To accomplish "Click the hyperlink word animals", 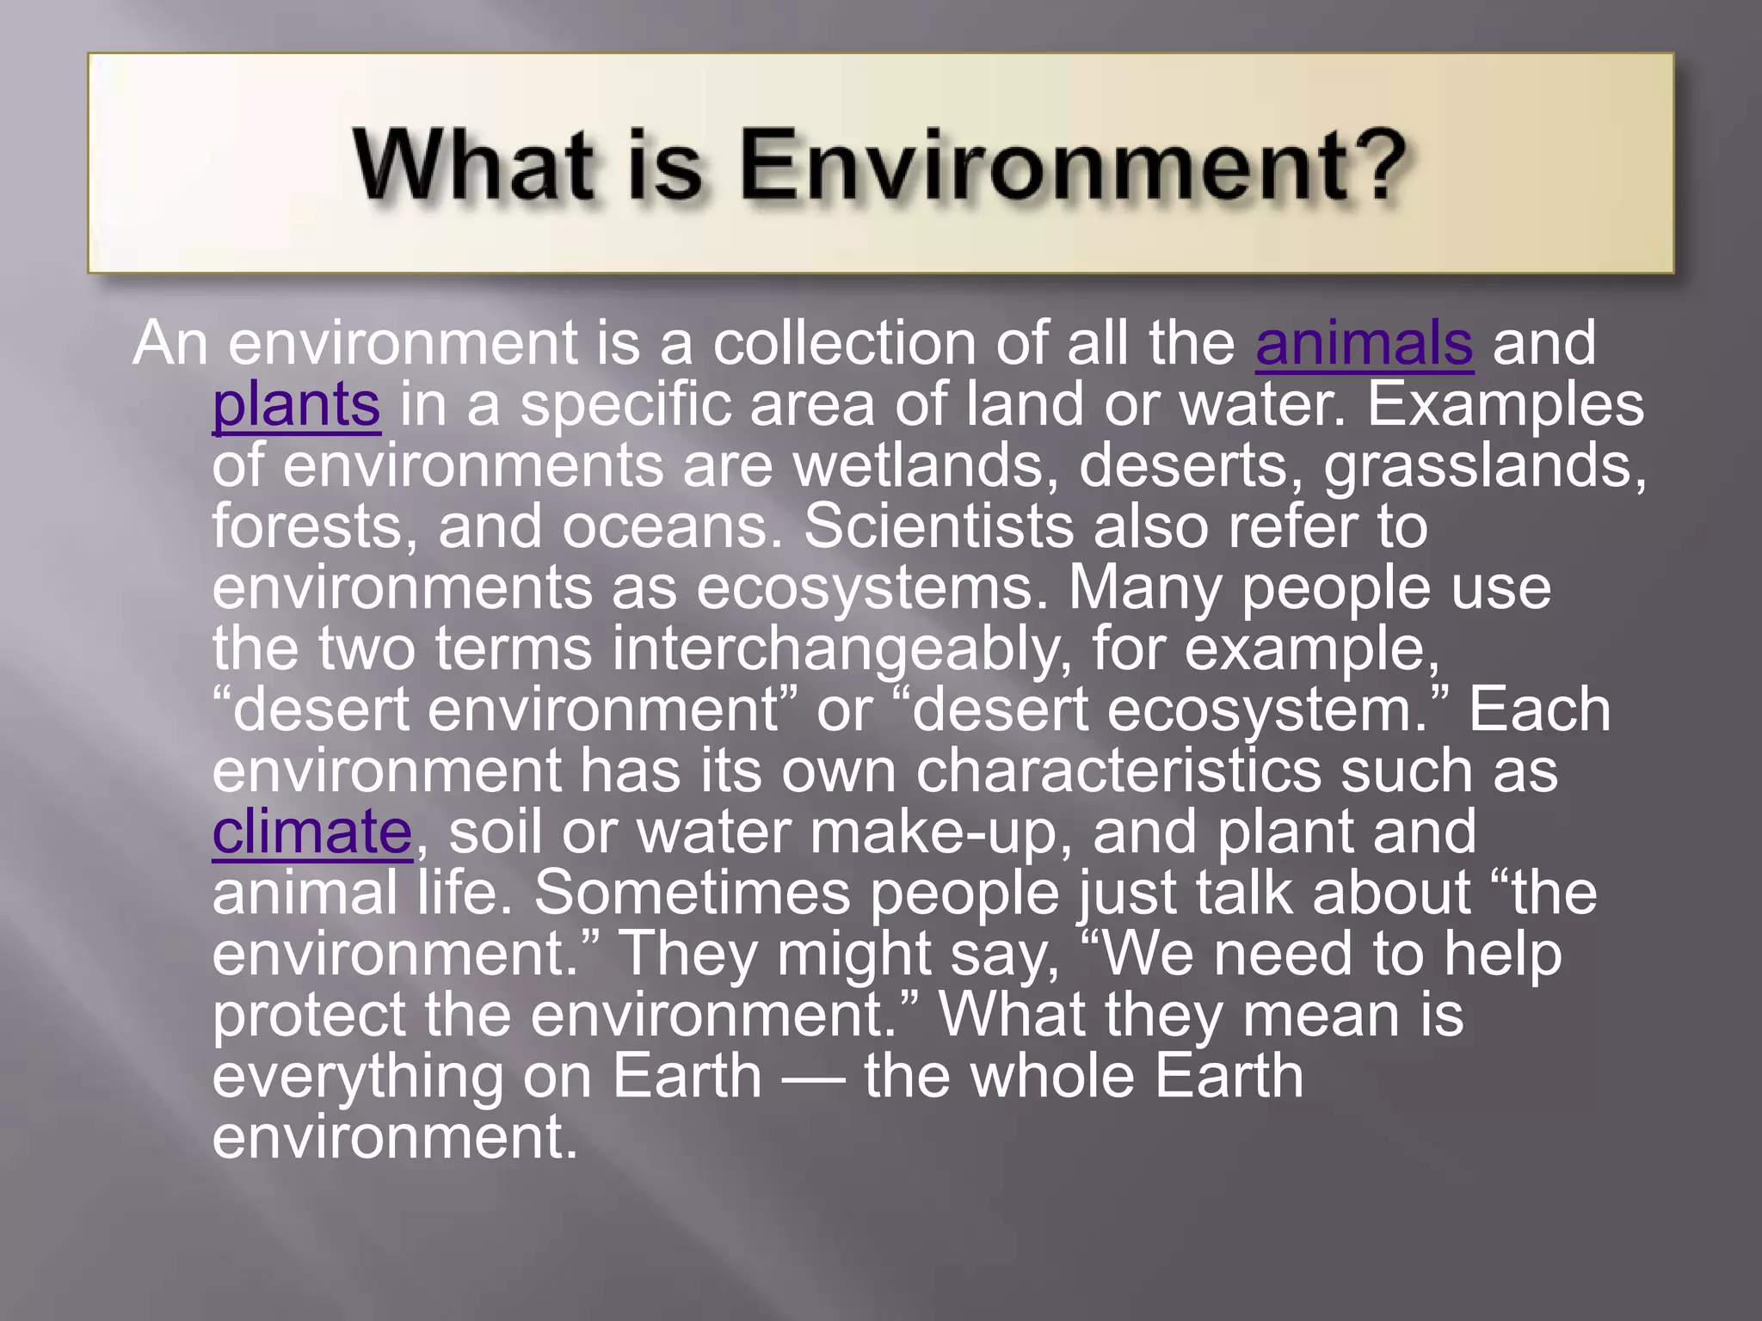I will [1364, 344].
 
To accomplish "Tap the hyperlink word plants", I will [296, 405].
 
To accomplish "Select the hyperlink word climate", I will [311, 833].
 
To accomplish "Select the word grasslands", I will [1484, 466].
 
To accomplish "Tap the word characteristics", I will [1118, 771].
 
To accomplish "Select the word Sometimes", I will [692, 893].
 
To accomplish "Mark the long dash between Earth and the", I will [813, 1078].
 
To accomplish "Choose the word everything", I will [357, 1078].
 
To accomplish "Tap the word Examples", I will [1505, 405].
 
